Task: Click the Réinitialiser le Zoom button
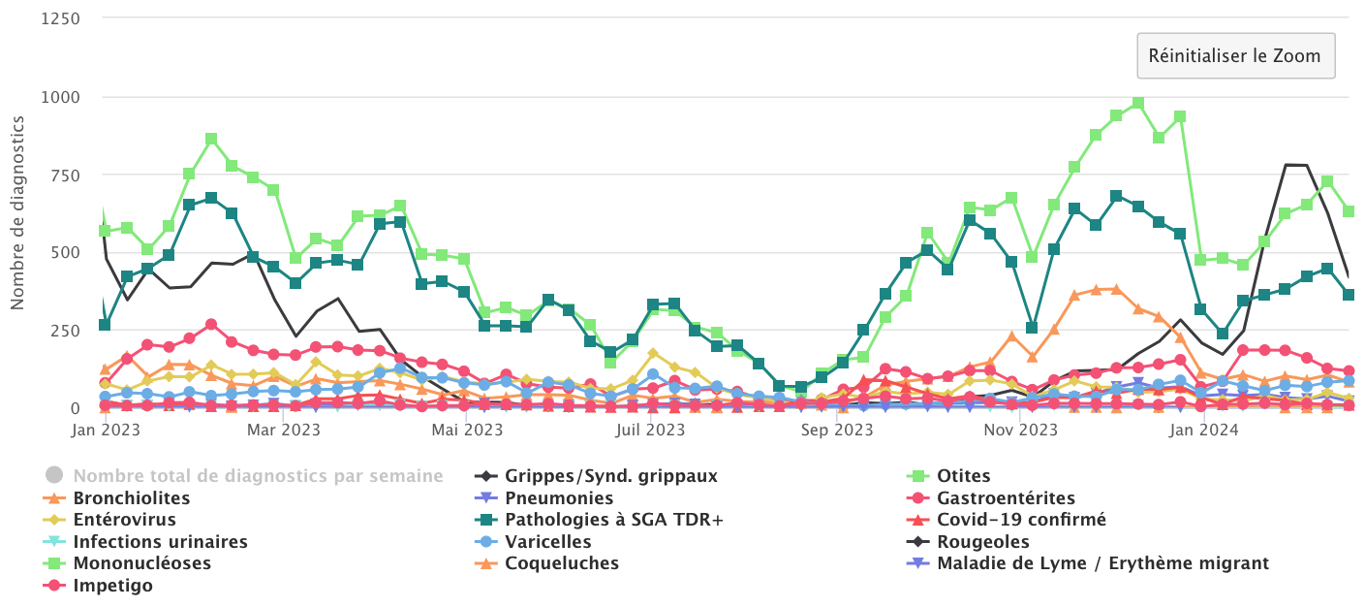click(x=1235, y=56)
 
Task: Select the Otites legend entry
click(x=964, y=476)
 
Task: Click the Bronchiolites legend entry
click(x=131, y=498)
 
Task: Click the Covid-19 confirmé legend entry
click(x=1021, y=520)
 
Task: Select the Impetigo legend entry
click(x=112, y=586)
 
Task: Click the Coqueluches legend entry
click(x=562, y=563)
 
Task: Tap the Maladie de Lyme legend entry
click(x=1102, y=563)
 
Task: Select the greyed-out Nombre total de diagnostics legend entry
click(x=258, y=476)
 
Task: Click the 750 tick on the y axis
click(x=64, y=175)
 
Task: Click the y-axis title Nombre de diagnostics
click(x=17, y=211)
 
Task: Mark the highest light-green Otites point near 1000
click(x=1138, y=103)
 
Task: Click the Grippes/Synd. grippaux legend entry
click(x=610, y=476)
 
